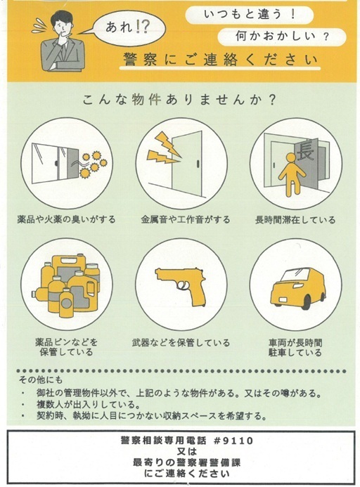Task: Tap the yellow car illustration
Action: point(297,288)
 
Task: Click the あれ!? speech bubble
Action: point(129,28)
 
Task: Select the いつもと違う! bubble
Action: point(249,15)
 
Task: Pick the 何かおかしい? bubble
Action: point(282,37)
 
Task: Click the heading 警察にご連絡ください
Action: point(220,59)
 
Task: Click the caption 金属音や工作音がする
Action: point(186,219)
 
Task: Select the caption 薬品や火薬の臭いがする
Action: point(66,219)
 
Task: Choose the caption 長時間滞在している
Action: point(295,220)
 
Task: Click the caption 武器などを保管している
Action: point(181,342)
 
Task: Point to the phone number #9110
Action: point(233,441)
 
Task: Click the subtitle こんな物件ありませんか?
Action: point(179,100)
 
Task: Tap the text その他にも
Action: point(41,379)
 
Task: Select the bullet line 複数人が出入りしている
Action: point(88,405)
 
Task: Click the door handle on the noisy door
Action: point(198,164)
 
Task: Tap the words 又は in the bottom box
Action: point(187,451)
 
